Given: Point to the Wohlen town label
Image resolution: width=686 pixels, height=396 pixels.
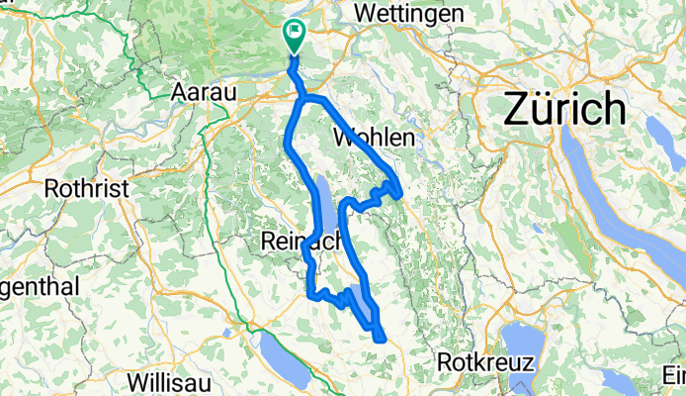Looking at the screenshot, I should pos(374,137).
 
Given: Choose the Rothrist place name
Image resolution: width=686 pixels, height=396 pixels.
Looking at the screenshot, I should pos(81,187).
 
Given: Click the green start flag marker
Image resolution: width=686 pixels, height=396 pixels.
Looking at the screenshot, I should pos(295,37).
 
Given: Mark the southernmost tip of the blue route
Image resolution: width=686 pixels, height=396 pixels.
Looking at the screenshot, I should pos(381,340).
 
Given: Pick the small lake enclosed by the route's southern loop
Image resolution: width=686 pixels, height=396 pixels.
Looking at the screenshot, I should pos(361,304).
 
